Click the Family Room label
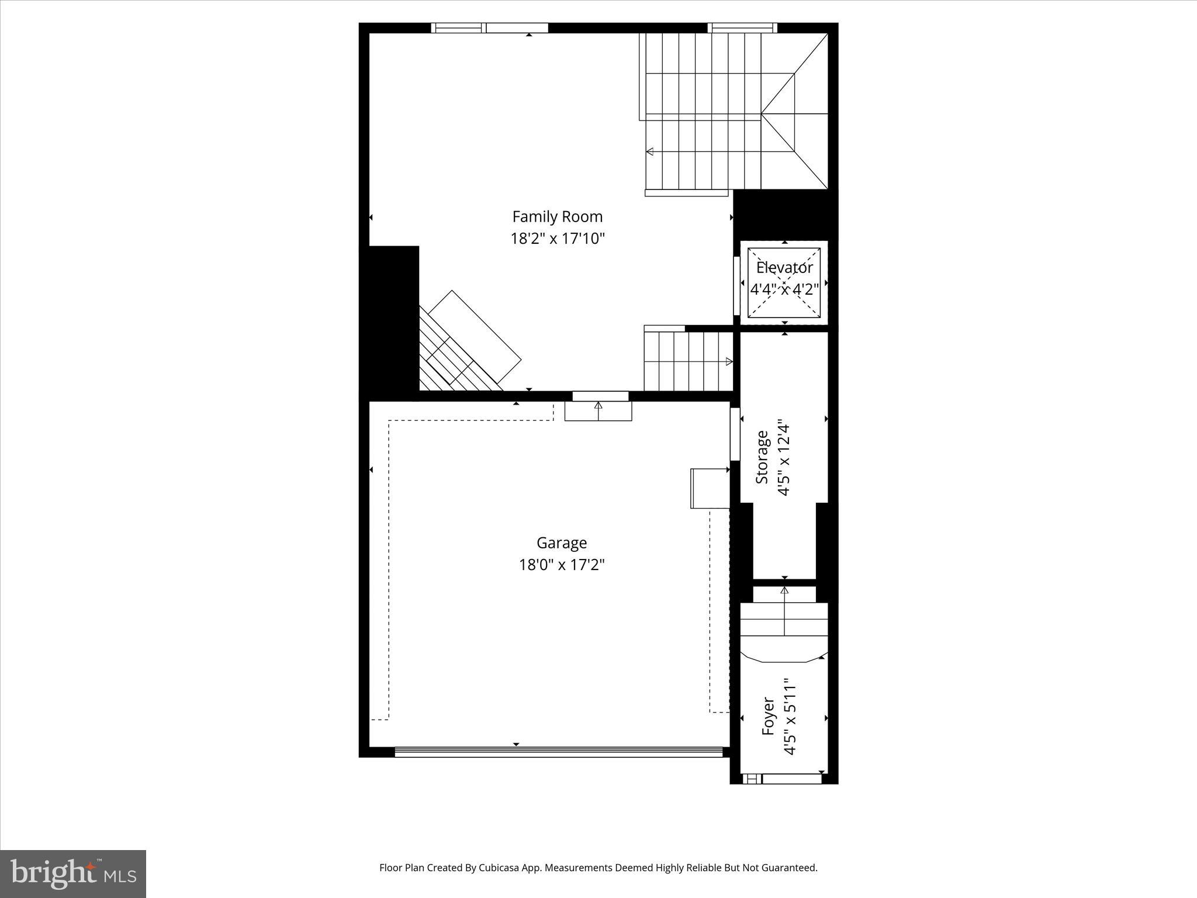click(x=557, y=217)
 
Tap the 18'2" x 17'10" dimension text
click(x=557, y=239)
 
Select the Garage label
click(x=561, y=543)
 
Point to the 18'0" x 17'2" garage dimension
click(x=561, y=565)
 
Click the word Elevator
click(x=784, y=268)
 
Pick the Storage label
click(x=762, y=457)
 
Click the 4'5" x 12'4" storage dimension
click(x=784, y=460)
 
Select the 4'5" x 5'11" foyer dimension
click(x=790, y=717)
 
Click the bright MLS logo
click(x=73, y=873)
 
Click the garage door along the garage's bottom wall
click(x=558, y=752)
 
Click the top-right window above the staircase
click(x=742, y=27)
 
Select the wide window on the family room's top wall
click(x=490, y=27)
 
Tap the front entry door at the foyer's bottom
click(x=791, y=779)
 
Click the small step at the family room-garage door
click(x=598, y=411)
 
